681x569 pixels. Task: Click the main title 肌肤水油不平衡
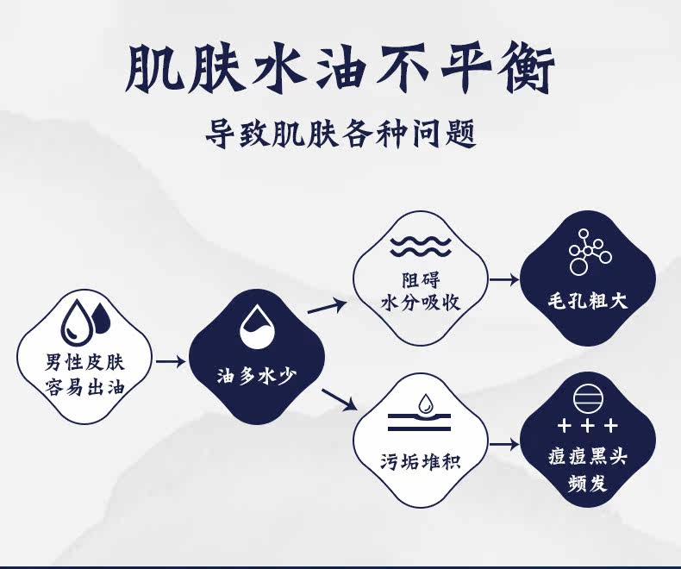[340, 67]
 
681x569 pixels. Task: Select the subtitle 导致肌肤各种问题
[340, 134]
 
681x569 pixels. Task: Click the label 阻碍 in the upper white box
[421, 280]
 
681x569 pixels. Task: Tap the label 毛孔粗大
[588, 302]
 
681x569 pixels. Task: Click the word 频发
[588, 483]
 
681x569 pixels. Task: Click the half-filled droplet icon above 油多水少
[256, 325]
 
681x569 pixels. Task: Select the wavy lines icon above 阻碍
[421, 246]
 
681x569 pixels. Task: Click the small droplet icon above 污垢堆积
[425, 403]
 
